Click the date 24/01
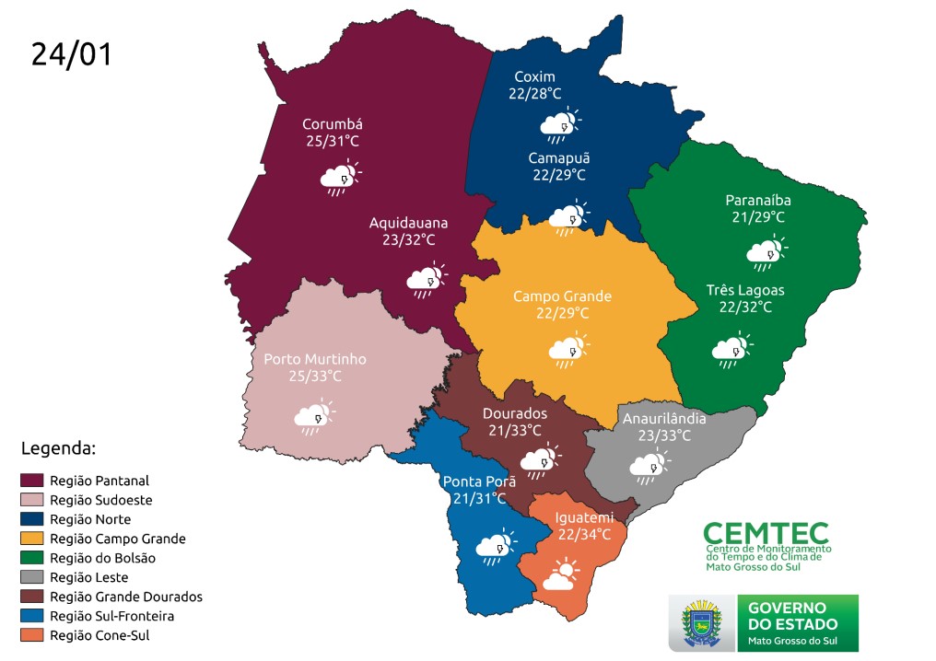(x=72, y=53)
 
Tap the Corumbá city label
(x=333, y=124)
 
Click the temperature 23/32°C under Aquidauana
(x=402, y=239)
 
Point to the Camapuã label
(x=558, y=158)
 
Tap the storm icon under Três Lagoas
(x=731, y=350)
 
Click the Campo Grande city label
(x=562, y=296)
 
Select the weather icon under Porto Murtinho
(x=314, y=418)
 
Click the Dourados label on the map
(x=515, y=413)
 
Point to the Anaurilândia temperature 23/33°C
(x=662, y=435)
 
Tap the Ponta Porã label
(x=479, y=481)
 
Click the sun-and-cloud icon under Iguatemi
(x=562, y=576)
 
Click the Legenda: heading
(x=57, y=449)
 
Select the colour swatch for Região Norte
(x=32, y=519)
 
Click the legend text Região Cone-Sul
(x=99, y=635)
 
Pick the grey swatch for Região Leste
(x=32, y=577)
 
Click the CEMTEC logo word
(x=766, y=533)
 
